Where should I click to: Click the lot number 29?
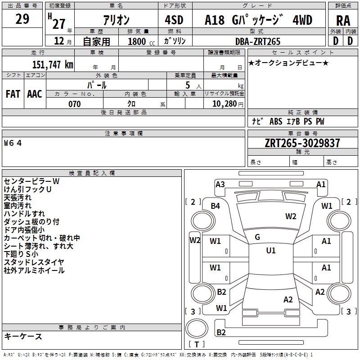point(22,19)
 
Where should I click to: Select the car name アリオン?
point(116,20)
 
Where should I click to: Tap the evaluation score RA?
point(343,21)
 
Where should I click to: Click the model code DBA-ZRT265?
point(258,41)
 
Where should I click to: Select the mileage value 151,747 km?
point(52,64)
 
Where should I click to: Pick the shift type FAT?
point(13,94)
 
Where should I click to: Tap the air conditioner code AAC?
point(35,94)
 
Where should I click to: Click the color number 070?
point(75,104)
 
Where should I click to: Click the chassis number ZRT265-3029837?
point(302,143)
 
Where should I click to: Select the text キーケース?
point(23,336)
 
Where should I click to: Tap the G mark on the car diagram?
point(257,237)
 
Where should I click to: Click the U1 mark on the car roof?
point(270,251)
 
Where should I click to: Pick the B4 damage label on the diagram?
point(216,206)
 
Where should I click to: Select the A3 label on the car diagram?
point(220,184)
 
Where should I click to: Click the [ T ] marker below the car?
point(197,344)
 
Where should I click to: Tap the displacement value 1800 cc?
point(141,41)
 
